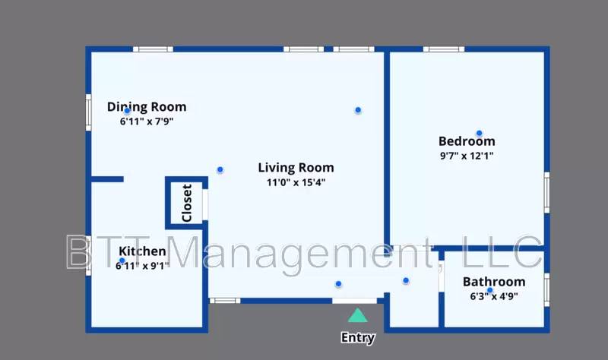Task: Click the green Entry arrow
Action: pos(357,315)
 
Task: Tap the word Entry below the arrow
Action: pos(358,338)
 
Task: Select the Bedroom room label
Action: pos(467,141)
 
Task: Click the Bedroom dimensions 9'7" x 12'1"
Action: pos(467,156)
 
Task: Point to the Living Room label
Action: pos(296,167)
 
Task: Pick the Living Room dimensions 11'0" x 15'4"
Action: pos(296,182)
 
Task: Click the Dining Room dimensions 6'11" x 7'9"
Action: pos(147,122)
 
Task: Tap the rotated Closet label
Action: pos(187,203)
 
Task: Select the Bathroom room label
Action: pos(494,282)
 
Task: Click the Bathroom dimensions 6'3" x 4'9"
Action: pos(494,296)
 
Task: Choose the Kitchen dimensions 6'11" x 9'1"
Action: pos(143,266)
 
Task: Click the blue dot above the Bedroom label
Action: pos(480,134)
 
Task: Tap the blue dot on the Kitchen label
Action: pos(122,261)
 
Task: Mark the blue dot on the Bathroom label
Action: pos(489,290)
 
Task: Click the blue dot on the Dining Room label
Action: pos(127,111)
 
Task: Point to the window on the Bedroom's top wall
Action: pos(444,49)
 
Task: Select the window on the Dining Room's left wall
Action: pos(88,112)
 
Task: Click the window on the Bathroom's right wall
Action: pos(546,290)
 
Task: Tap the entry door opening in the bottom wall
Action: pos(354,301)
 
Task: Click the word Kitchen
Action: pos(142,251)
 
